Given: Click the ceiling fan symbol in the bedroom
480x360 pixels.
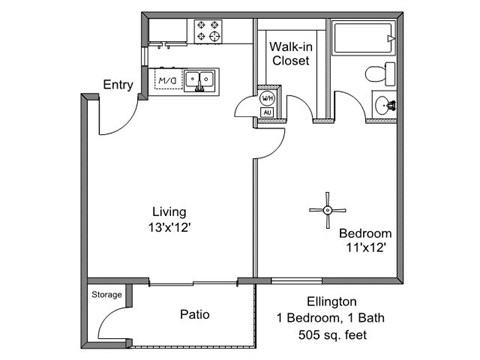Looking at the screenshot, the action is [x=328, y=210].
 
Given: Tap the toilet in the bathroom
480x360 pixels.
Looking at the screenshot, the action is [x=380, y=74].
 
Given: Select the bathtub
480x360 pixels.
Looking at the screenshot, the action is [x=364, y=38].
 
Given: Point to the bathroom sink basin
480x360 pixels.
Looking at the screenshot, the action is [x=382, y=105].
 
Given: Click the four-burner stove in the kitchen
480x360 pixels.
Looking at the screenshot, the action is [x=208, y=31].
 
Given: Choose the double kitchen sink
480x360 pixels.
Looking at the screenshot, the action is [x=200, y=80].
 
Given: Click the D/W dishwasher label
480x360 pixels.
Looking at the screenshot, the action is [x=167, y=80].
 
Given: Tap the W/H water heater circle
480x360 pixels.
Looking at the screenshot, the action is [x=267, y=98].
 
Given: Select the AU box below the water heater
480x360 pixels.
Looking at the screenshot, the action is [x=267, y=113].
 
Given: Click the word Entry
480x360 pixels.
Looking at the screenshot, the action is [x=118, y=85].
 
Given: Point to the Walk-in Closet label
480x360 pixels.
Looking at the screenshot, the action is [x=291, y=53].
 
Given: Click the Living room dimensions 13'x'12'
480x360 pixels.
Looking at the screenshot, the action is [x=169, y=228].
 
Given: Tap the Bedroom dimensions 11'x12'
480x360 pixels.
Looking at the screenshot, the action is [x=366, y=248].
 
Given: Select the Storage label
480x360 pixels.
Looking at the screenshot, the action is [x=107, y=295].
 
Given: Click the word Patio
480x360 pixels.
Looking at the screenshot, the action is [x=195, y=314].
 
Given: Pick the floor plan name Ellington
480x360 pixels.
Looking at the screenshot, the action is [x=332, y=302].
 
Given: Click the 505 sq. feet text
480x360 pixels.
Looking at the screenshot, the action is [x=332, y=334].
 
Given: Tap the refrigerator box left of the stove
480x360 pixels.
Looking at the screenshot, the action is [x=168, y=31].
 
